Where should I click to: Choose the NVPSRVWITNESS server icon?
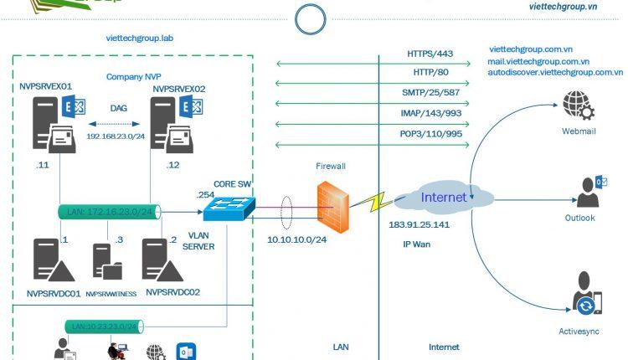click(x=106, y=262)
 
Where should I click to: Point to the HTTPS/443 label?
click(x=430, y=54)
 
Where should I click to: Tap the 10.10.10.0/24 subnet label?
click(x=296, y=239)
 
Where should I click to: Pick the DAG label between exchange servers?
click(x=118, y=108)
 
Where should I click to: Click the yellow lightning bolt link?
click(x=371, y=200)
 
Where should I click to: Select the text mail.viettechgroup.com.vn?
click(x=539, y=61)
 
